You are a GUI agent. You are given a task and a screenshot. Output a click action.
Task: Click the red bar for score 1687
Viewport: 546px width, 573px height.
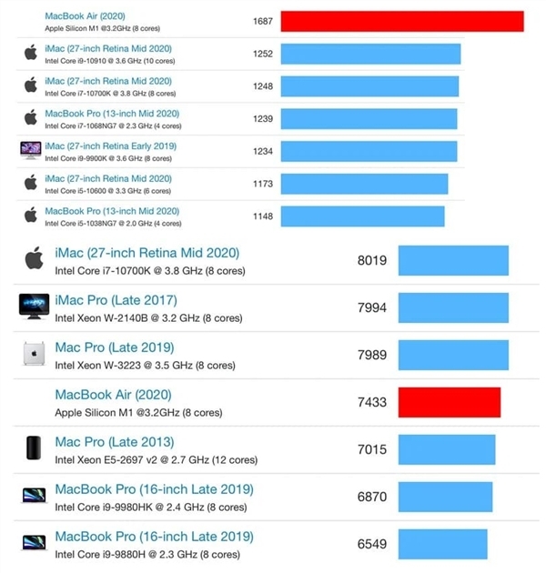tap(401, 21)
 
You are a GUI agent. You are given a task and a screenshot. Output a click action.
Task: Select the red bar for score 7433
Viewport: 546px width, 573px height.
tap(450, 402)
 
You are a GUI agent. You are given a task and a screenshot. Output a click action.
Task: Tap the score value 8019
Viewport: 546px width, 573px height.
tap(372, 260)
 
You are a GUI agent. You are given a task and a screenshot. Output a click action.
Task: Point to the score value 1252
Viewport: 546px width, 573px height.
tap(263, 54)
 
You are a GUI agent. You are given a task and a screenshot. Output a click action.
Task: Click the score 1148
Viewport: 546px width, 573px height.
tap(263, 216)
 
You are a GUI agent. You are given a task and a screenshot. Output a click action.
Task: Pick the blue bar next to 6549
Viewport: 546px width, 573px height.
tap(442, 544)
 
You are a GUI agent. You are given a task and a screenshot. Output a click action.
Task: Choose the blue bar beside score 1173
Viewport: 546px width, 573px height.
tap(364, 184)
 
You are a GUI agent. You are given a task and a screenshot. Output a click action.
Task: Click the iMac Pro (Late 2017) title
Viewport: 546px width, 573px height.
tap(116, 300)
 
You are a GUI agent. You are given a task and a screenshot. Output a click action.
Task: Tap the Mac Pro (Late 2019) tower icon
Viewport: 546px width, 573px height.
tap(34, 355)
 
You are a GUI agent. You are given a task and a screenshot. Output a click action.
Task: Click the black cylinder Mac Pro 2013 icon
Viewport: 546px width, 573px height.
tap(34, 448)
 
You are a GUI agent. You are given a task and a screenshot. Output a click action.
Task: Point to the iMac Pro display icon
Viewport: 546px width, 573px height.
tap(34, 307)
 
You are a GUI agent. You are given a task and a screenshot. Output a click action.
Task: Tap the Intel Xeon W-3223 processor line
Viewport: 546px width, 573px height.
tap(145, 365)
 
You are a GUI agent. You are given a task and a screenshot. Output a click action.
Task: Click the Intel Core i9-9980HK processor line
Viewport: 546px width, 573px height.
tap(150, 507)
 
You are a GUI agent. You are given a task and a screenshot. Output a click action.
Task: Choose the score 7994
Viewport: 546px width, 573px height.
tap(371, 307)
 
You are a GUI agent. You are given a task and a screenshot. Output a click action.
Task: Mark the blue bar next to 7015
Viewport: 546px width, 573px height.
tap(447, 449)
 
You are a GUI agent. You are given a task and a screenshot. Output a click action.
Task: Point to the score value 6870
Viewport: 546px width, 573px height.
tap(372, 497)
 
